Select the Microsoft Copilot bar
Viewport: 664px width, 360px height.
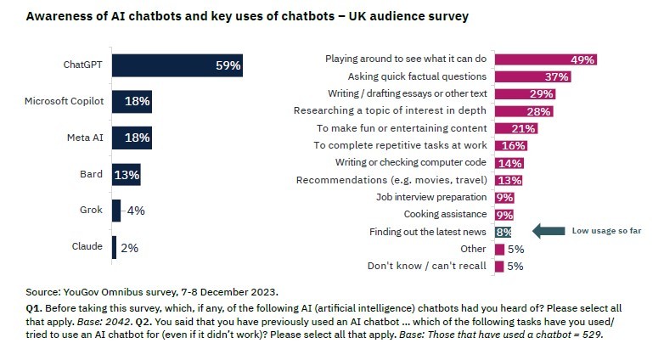132,101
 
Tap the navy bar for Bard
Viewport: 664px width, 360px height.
126,175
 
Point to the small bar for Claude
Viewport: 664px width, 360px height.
115,248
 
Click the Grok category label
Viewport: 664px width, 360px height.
93,211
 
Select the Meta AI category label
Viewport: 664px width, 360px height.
85,138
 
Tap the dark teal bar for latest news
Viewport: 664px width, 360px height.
503,232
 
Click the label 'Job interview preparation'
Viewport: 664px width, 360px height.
431,197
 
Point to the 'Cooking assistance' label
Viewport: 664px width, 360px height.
445,214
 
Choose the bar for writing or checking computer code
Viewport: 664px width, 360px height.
508,163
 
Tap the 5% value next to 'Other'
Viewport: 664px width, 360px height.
515,250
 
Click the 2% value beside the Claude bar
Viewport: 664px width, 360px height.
128,248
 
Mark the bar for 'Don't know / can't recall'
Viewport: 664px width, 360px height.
499,267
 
